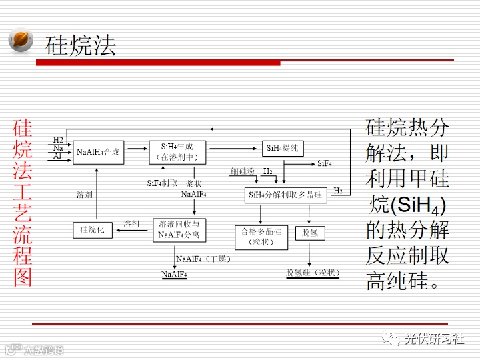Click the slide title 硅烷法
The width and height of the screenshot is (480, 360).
[x=81, y=45]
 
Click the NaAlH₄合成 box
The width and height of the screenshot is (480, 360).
[x=99, y=153]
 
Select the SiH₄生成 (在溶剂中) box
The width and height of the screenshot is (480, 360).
[x=177, y=153]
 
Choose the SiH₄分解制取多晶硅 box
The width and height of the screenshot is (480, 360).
[x=285, y=195]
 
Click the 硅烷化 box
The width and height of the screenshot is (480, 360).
[x=93, y=230]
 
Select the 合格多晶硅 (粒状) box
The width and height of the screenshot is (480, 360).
[x=261, y=237]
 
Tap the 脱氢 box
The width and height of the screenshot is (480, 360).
[x=309, y=233]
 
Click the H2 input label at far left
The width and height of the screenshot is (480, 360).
[x=59, y=141]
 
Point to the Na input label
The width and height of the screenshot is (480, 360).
[x=59, y=148]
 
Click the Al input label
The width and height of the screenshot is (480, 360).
[x=58, y=156]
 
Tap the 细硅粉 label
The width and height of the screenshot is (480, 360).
[x=243, y=172]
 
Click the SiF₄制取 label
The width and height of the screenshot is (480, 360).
[x=162, y=183]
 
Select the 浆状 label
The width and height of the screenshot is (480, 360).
[x=194, y=183]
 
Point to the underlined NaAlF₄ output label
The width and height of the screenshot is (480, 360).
[x=174, y=275]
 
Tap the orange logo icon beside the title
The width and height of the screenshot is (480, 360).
[x=20, y=40]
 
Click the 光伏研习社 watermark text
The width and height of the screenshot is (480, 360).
[x=434, y=339]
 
